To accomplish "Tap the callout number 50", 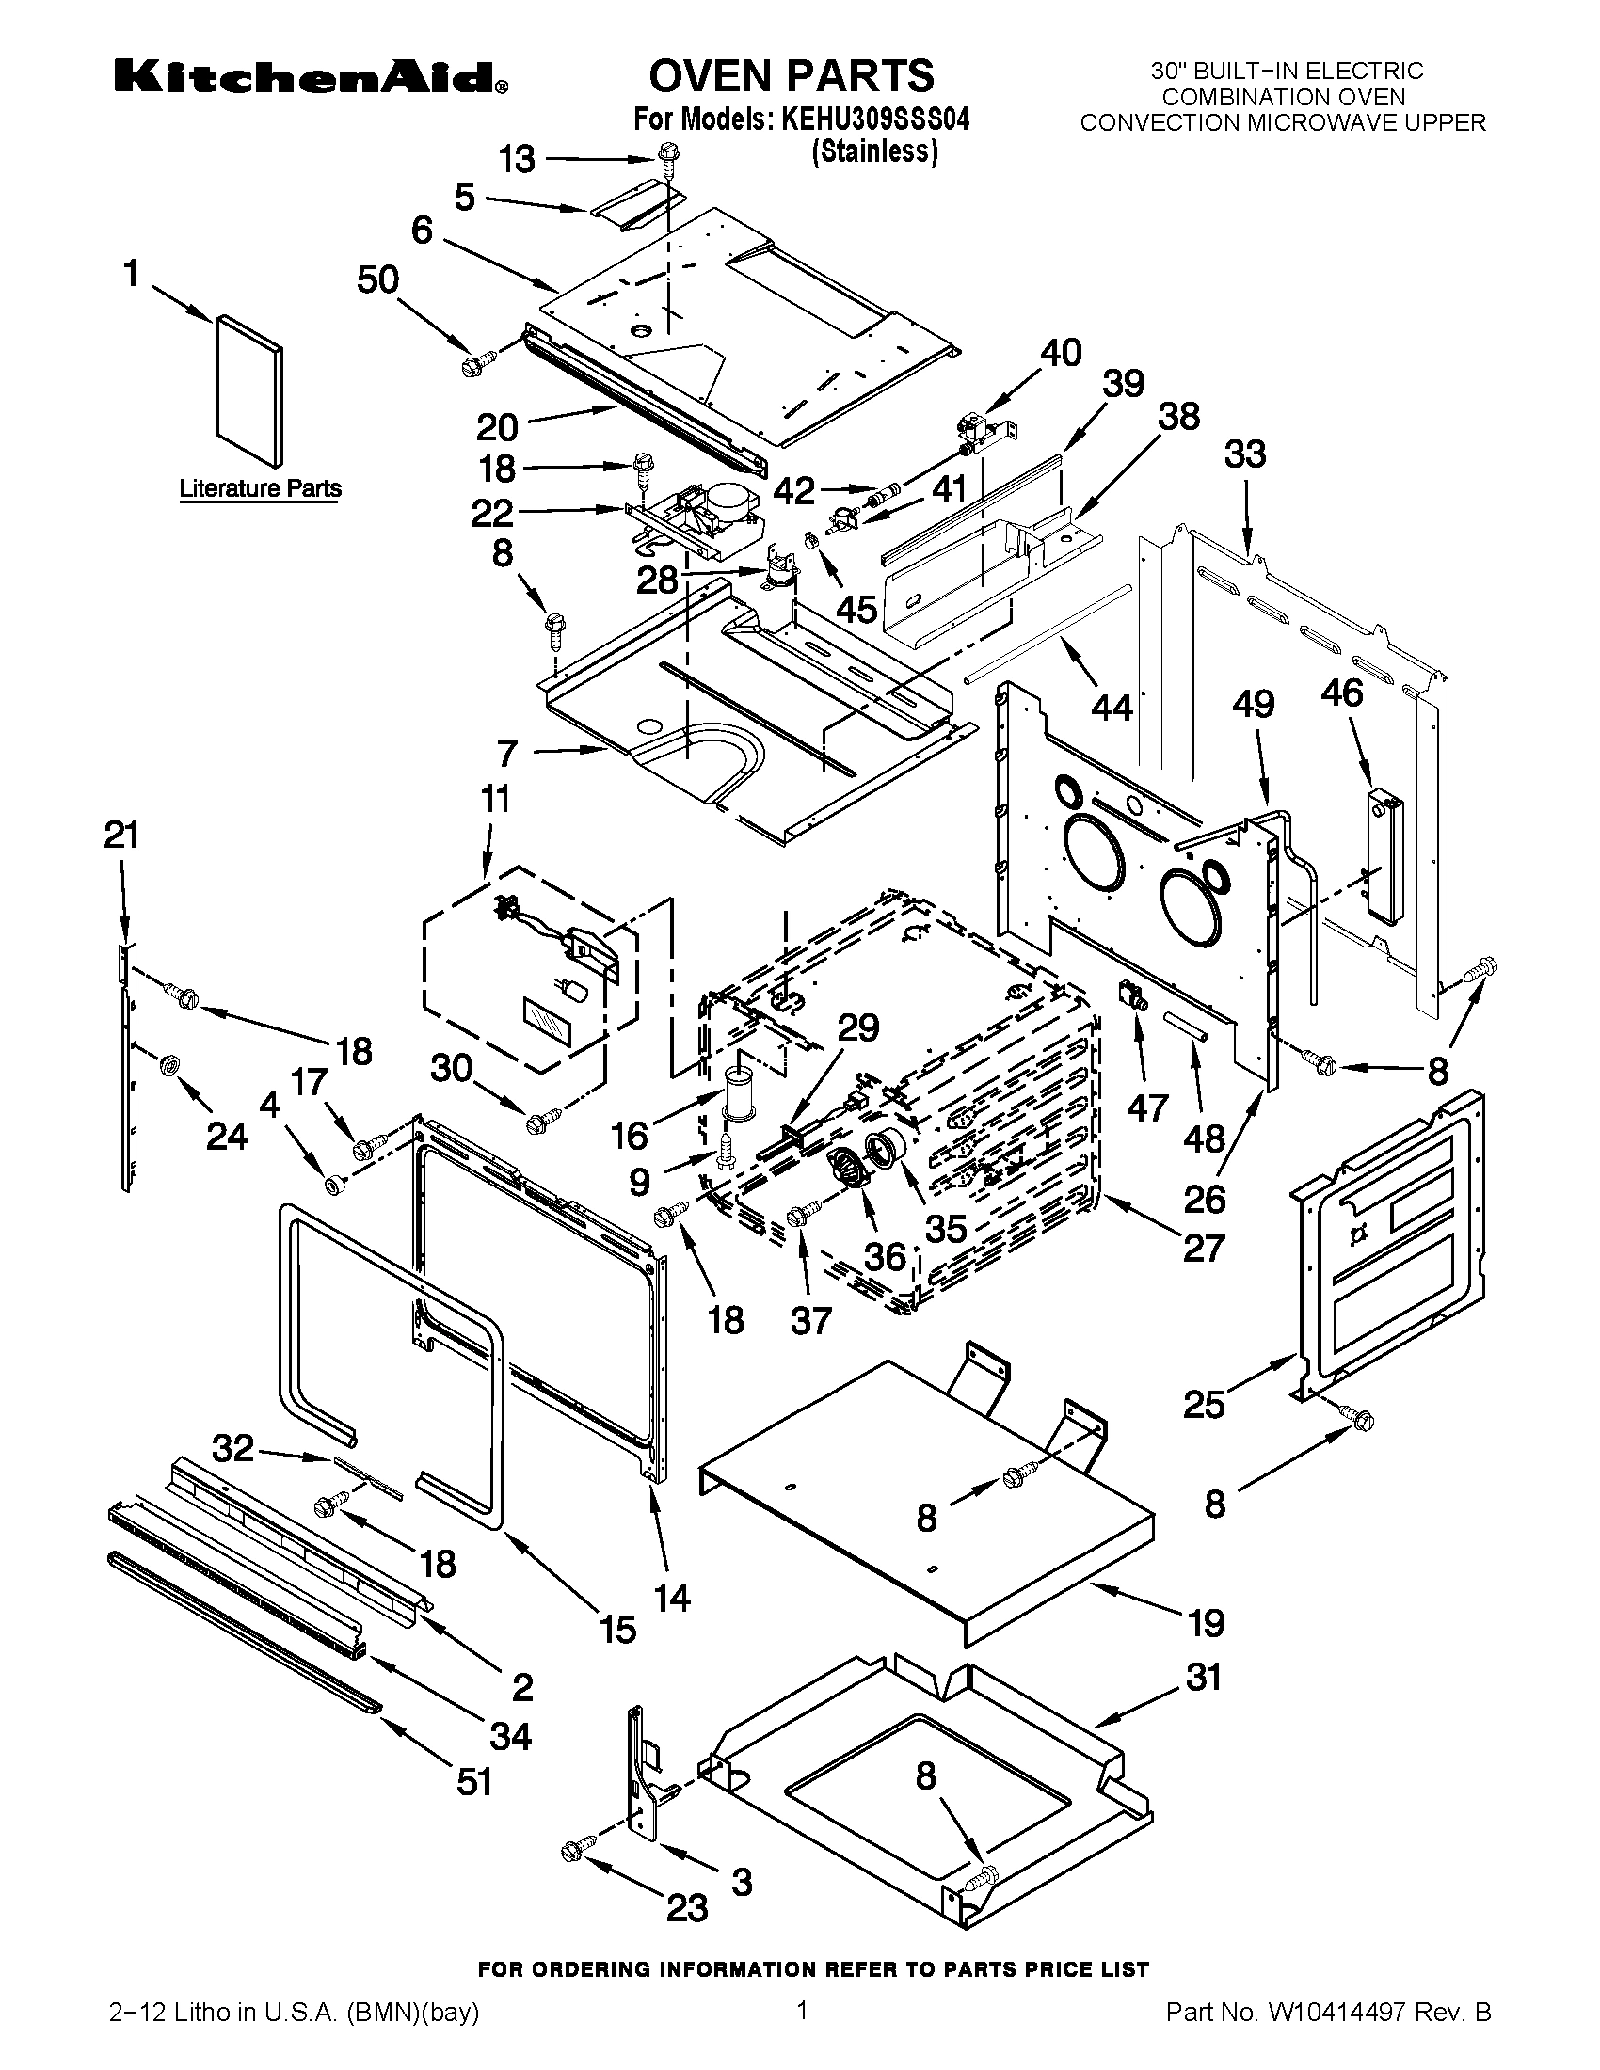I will [378, 280].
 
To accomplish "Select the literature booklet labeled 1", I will [248, 390].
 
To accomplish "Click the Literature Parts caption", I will [261, 489].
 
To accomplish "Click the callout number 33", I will [1244, 454].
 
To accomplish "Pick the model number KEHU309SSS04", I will [873, 121].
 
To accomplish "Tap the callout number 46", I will [1342, 693].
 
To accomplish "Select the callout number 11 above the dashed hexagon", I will [495, 799].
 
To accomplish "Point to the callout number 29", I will [857, 1028].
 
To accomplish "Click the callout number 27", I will [1204, 1249].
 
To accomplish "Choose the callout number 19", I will [1206, 1624].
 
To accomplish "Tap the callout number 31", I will [1204, 1679].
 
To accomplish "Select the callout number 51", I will [475, 1782].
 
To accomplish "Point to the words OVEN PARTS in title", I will [792, 76].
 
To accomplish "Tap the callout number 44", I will [1111, 706].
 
